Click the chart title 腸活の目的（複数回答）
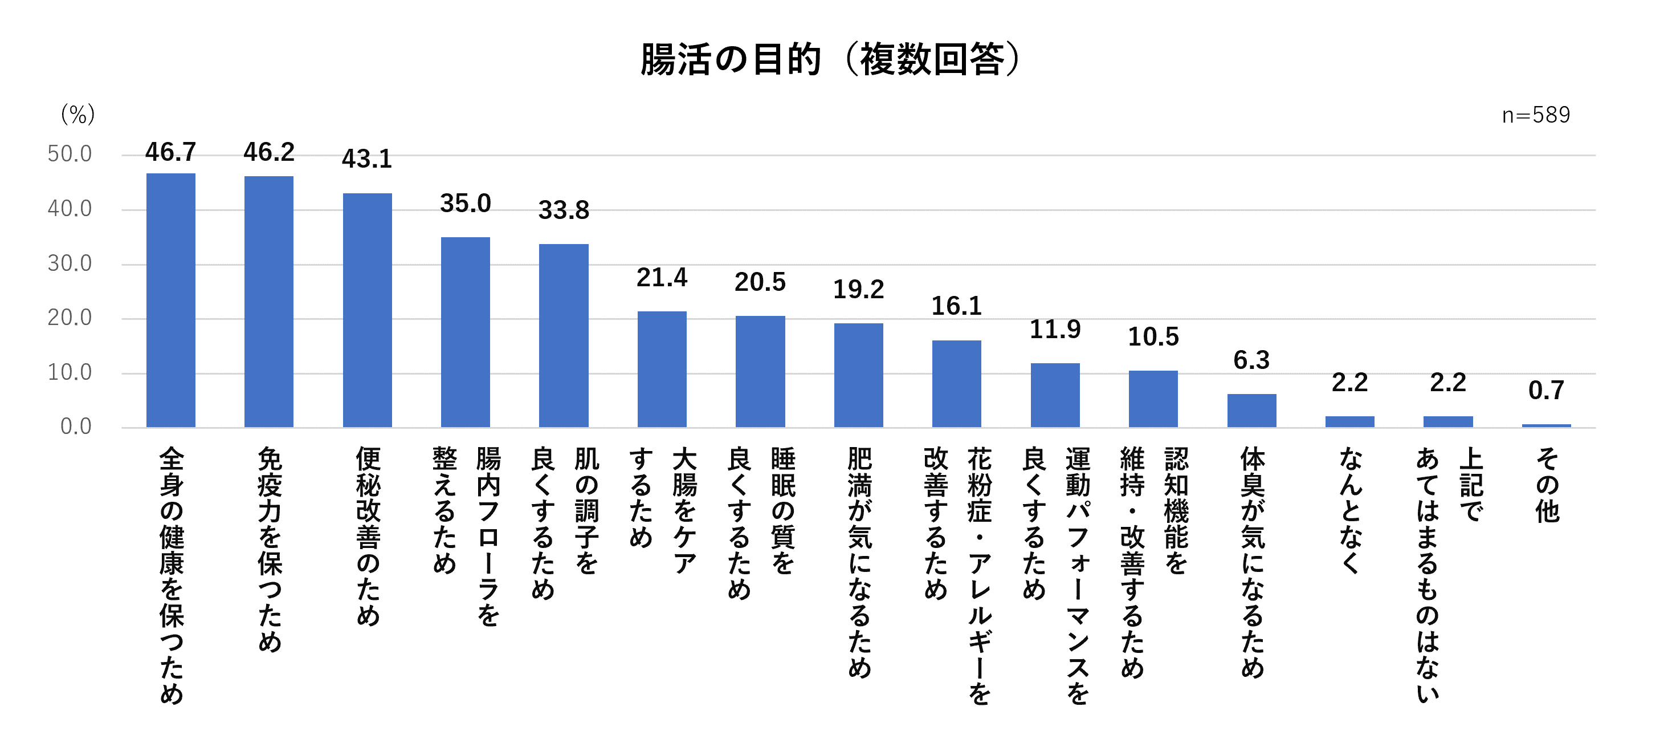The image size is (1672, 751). (831, 60)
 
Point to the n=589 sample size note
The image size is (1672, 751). (1536, 116)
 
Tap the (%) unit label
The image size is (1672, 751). (78, 115)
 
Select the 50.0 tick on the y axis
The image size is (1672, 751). (70, 155)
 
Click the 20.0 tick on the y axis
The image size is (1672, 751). (70, 318)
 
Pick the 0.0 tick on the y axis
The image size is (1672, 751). (75, 427)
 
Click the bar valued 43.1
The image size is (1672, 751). (368, 310)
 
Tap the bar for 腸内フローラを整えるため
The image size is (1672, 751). (466, 332)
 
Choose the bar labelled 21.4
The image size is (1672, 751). (662, 369)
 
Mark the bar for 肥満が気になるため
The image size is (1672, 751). (859, 375)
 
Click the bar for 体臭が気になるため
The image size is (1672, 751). (1251, 410)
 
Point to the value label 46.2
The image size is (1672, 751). (269, 153)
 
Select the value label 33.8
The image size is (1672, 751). (564, 210)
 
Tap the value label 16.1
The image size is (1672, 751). (957, 307)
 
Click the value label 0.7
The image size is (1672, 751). (1546, 391)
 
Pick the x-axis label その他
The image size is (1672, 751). (1547, 485)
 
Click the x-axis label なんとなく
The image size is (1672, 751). (1350, 510)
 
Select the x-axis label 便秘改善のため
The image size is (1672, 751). (368, 536)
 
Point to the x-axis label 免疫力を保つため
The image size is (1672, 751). (270, 549)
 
